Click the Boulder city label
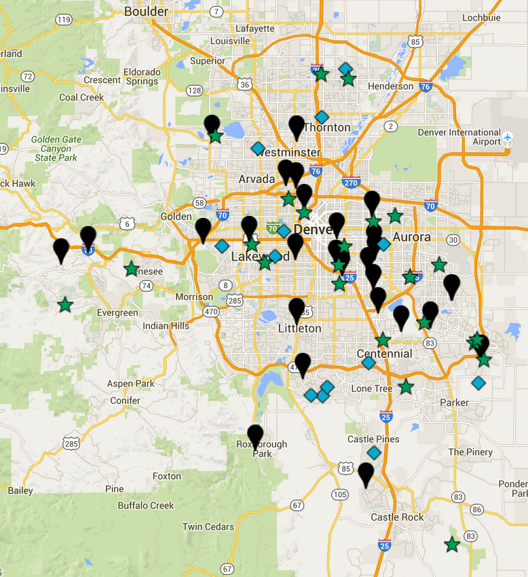(145, 11)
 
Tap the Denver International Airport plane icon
(508, 138)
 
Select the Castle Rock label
(397, 517)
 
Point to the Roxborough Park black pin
(255, 435)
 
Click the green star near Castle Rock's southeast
(452, 544)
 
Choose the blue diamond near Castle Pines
(374, 452)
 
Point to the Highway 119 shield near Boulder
(64, 20)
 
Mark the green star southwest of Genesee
(64, 305)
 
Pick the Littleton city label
(299, 329)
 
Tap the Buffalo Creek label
(146, 505)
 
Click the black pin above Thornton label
(297, 126)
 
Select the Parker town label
(454, 403)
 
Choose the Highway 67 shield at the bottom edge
(227, 569)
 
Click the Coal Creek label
(81, 97)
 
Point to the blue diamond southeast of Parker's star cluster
(478, 383)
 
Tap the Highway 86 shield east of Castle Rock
(476, 509)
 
